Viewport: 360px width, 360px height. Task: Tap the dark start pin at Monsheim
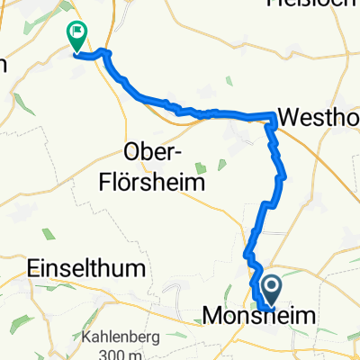tap(270, 290)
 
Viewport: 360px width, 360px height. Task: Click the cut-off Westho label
tap(319, 116)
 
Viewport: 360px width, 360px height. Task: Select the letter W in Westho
tap(290, 116)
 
